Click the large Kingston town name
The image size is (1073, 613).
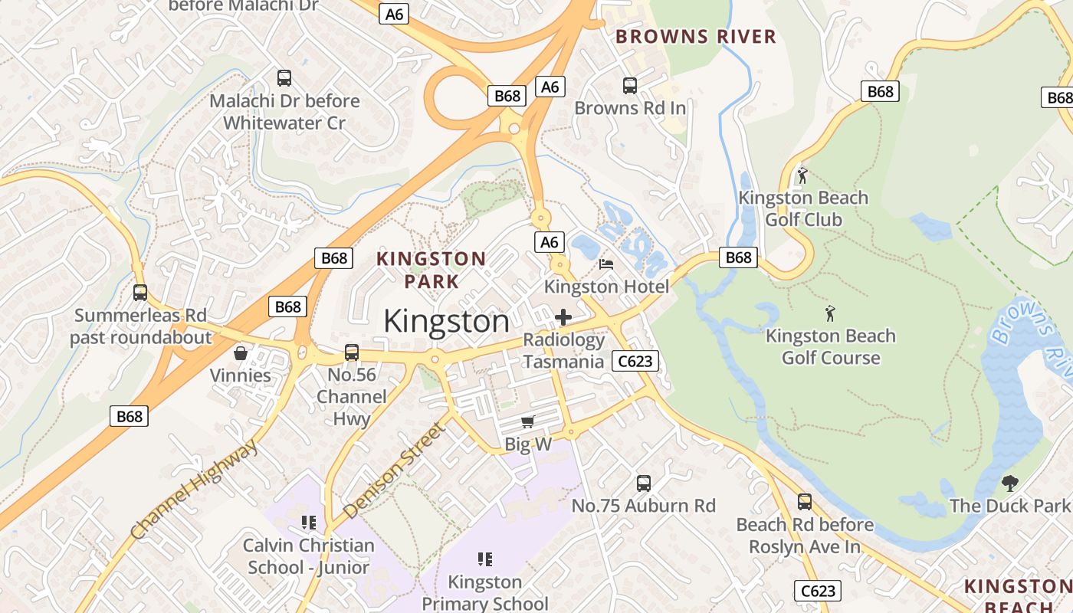pyautogui.click(x=446, y=321)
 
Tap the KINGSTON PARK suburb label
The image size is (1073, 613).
pyautogui.click(x=431, y=270)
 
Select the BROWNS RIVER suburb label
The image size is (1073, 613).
pyautogui.click(x=696, y=37)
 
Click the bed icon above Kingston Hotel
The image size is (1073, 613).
pyautogui.click(x=606, y=264)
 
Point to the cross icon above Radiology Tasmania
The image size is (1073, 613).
pyautogui.click(x=563, y=317)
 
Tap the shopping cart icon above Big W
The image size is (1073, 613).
pyautogui.click(x=527, y=421)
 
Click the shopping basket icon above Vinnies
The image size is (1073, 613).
pyautogui.click(x=241, y=352)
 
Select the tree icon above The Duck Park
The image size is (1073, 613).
pyautogui.click(x=1009, y=483)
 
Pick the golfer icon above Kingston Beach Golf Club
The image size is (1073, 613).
pyautogui.click(x=802, y=175)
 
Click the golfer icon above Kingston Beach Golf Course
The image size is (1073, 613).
pyautogui.click(x=829, y=313)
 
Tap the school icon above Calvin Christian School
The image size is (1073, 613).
pyautogui.click(x=309, y=523)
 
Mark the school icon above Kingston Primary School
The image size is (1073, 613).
pyautogui.click(x=485, y=559)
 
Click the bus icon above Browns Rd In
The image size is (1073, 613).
pyautogui.click(x=630, y=86)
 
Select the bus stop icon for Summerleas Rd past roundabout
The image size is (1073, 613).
pyautogui.click(x=140, y=292)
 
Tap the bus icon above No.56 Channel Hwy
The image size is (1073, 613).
pyautogui.click(x=352, y=352)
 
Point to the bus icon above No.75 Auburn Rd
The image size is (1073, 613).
pyautogui.click(x=644, y=484)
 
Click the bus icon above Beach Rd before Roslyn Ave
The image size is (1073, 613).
pyautogui.click(x=805, y=502)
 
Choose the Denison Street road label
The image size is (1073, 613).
pyautogui.click(x=394, y=470)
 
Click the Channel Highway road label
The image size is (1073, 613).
pyautogui.click(x=195, y=491)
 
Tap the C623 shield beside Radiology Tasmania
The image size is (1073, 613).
pyautogui.click(x=635, y=361)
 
